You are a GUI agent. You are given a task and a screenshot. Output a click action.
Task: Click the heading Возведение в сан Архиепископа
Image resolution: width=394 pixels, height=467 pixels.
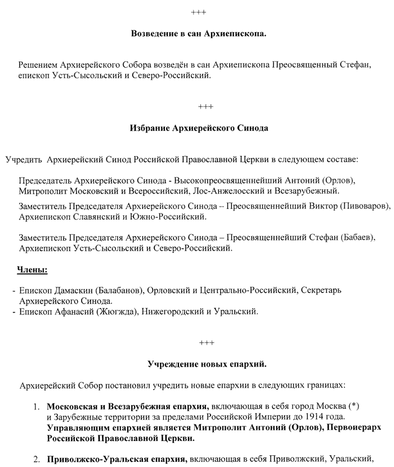199,34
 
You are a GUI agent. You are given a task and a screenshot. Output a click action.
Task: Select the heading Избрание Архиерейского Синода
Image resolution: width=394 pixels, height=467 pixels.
199,128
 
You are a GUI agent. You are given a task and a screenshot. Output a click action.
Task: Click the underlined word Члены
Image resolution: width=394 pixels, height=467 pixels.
33,270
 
